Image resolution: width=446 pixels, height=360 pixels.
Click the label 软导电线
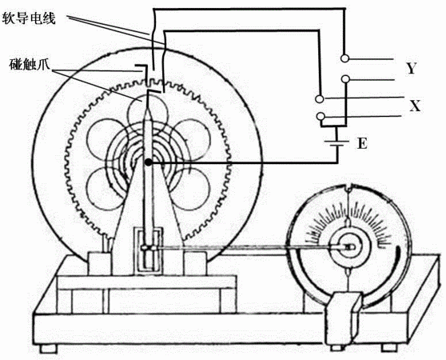(x=29, y=18)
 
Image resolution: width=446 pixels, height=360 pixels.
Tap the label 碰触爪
(x=30, y=64)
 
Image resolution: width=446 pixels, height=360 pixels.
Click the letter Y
(x=411, y=68)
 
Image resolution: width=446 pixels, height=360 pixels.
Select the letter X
(x=415, y=106)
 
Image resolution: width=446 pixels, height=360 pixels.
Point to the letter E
(x=362, y=143)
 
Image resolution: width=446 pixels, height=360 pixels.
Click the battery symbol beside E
(x=337, y=143)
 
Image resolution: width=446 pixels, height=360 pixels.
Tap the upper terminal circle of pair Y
(x=344, y=58)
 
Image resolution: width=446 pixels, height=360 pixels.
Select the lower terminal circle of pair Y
(x=345, y=79)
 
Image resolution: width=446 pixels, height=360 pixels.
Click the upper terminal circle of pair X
(x=320, y=98)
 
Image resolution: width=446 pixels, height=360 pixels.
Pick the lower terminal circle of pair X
(x=321, y=116)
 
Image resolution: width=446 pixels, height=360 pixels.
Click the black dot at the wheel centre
(x=148, y=162)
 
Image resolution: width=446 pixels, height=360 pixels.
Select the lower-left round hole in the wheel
(x=106, y=188)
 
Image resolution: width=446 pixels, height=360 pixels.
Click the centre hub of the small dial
(x=349, y=247)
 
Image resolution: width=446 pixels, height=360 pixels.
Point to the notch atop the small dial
(x=348, y=188)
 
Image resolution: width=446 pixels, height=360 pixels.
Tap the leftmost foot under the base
(x=49, y=348)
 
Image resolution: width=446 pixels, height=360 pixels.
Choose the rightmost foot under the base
(x=389, y=347)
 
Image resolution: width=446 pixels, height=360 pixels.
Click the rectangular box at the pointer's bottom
(x=149, y=250)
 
